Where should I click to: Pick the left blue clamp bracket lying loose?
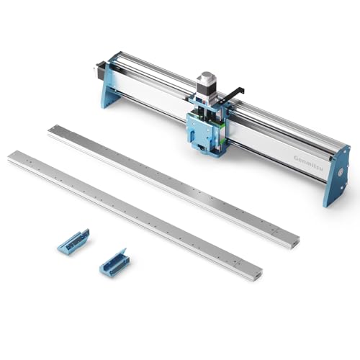pyautogui.click(x=73, y=241)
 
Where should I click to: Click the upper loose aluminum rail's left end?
pyautogui.click(x=52, y=130)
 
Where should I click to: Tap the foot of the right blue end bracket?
pyautogui.click(x=335, y=198)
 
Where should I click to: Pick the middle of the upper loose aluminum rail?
pyautogui.click(x=173, y=185)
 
